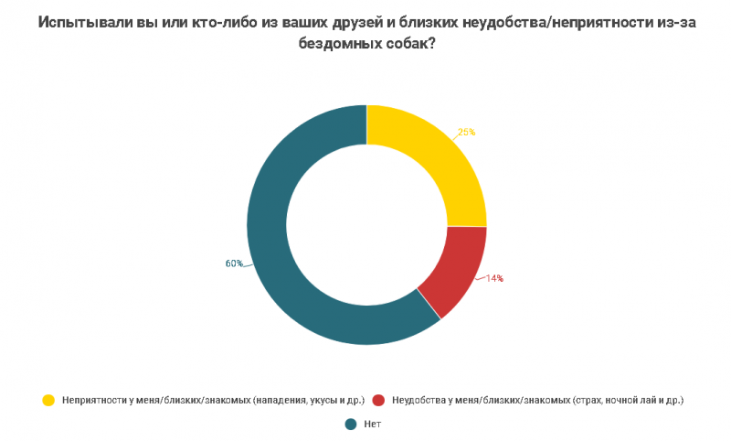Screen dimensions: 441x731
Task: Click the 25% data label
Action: (x=466, y=132)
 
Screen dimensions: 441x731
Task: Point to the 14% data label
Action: (x=494, y=278)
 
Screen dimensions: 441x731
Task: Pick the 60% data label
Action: (x=234, y=264)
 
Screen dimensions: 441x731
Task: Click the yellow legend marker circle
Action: (x=48, y=400)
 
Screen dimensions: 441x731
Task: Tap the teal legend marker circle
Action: (x=350, y=424)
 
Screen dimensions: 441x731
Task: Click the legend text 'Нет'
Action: (x=372, y=424)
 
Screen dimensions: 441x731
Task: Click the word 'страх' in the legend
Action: (x=589, y=400)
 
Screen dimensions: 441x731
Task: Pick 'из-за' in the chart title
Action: (x=676, y=25)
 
